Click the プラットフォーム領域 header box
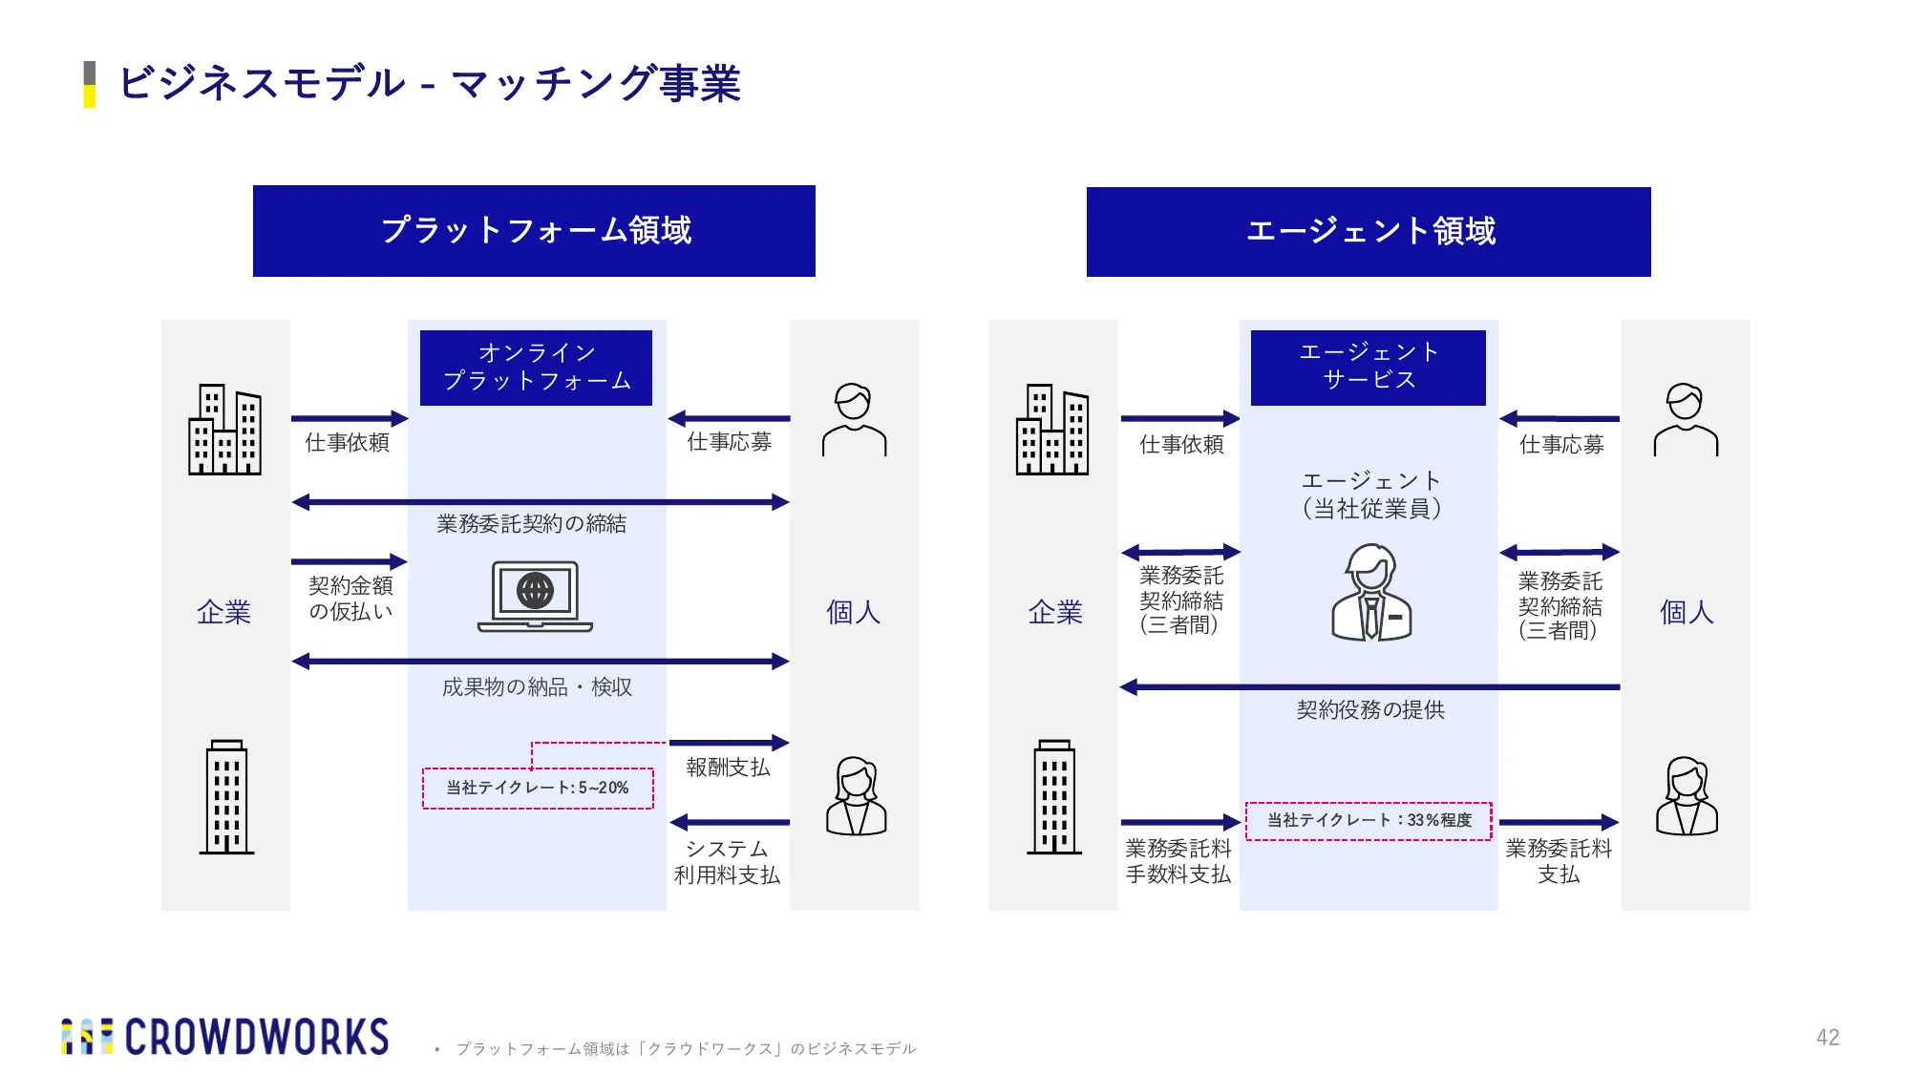(534, 231)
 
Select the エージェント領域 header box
(1369, 232)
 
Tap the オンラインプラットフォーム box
(536, 368)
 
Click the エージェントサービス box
(1369, 368)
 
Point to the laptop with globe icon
(535, 597)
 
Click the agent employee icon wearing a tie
(1371, 593)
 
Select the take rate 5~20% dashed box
(539, 789)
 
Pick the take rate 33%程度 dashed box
(1369, 821)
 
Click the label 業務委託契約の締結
(532, 524)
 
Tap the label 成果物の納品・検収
(537, 687)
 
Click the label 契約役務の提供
(1370, 710)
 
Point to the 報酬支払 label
(728, 768)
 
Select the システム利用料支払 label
(727, 862)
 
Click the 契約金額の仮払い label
(350, 599)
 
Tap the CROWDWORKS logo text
(257, 1038)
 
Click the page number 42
(1828, 1038)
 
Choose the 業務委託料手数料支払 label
(1178, 861)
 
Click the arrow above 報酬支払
(730, 743)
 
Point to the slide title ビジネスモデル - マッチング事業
(430, 84)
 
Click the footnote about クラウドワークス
(686, 1049)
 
